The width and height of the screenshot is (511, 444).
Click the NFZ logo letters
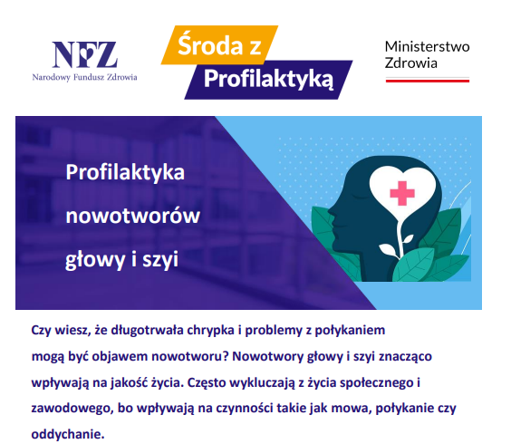pos(85,54)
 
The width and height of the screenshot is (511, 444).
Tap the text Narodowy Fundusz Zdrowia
pos(85,77)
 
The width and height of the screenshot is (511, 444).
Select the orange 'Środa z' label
pos(219,45)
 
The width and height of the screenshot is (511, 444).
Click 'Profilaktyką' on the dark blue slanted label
pos(268,79)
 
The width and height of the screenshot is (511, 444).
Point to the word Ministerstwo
pos(427,46)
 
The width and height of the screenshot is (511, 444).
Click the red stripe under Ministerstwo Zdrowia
pos(428,81)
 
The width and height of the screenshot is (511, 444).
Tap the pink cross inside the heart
pos(402,193)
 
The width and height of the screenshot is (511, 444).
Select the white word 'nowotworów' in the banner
pos(132,216)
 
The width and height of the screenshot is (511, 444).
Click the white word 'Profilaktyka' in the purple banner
pos(125,172)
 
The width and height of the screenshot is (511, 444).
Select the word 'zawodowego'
pos(72,408)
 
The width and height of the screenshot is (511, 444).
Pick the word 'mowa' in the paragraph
pos(352,408)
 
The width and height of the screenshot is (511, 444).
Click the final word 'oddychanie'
pos(68,434)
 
